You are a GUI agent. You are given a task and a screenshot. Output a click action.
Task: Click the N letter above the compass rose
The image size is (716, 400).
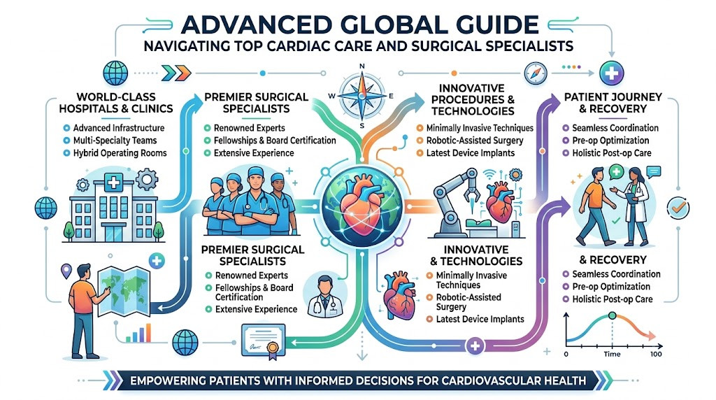point(362,66)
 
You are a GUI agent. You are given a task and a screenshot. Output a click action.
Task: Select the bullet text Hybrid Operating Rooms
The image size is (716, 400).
point(120,153)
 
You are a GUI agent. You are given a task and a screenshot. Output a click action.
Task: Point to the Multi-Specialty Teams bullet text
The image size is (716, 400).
point(115,141)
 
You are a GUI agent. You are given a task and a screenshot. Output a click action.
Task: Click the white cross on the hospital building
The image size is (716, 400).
point(113,183)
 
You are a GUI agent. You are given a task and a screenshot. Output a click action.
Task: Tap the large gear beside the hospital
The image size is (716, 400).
point(147,180)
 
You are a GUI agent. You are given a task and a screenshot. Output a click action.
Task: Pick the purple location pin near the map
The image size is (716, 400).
point(66,271)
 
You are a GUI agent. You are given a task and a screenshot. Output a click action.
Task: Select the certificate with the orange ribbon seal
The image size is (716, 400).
point(264,341)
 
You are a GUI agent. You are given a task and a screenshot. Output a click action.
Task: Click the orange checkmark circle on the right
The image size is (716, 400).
point(678,208)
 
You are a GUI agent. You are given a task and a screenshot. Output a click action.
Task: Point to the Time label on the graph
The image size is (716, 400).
point(612,355)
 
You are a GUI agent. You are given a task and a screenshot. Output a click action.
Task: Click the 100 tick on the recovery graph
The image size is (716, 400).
point(656,355)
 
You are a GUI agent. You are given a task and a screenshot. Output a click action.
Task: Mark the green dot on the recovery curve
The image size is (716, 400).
point(613,315)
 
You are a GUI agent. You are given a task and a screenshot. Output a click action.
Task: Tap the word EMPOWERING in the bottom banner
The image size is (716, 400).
point(172,381)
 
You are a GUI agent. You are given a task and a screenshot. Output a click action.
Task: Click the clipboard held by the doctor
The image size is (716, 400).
point(631,198)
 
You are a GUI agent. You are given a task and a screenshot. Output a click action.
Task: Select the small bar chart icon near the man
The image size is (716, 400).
point(138,334)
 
